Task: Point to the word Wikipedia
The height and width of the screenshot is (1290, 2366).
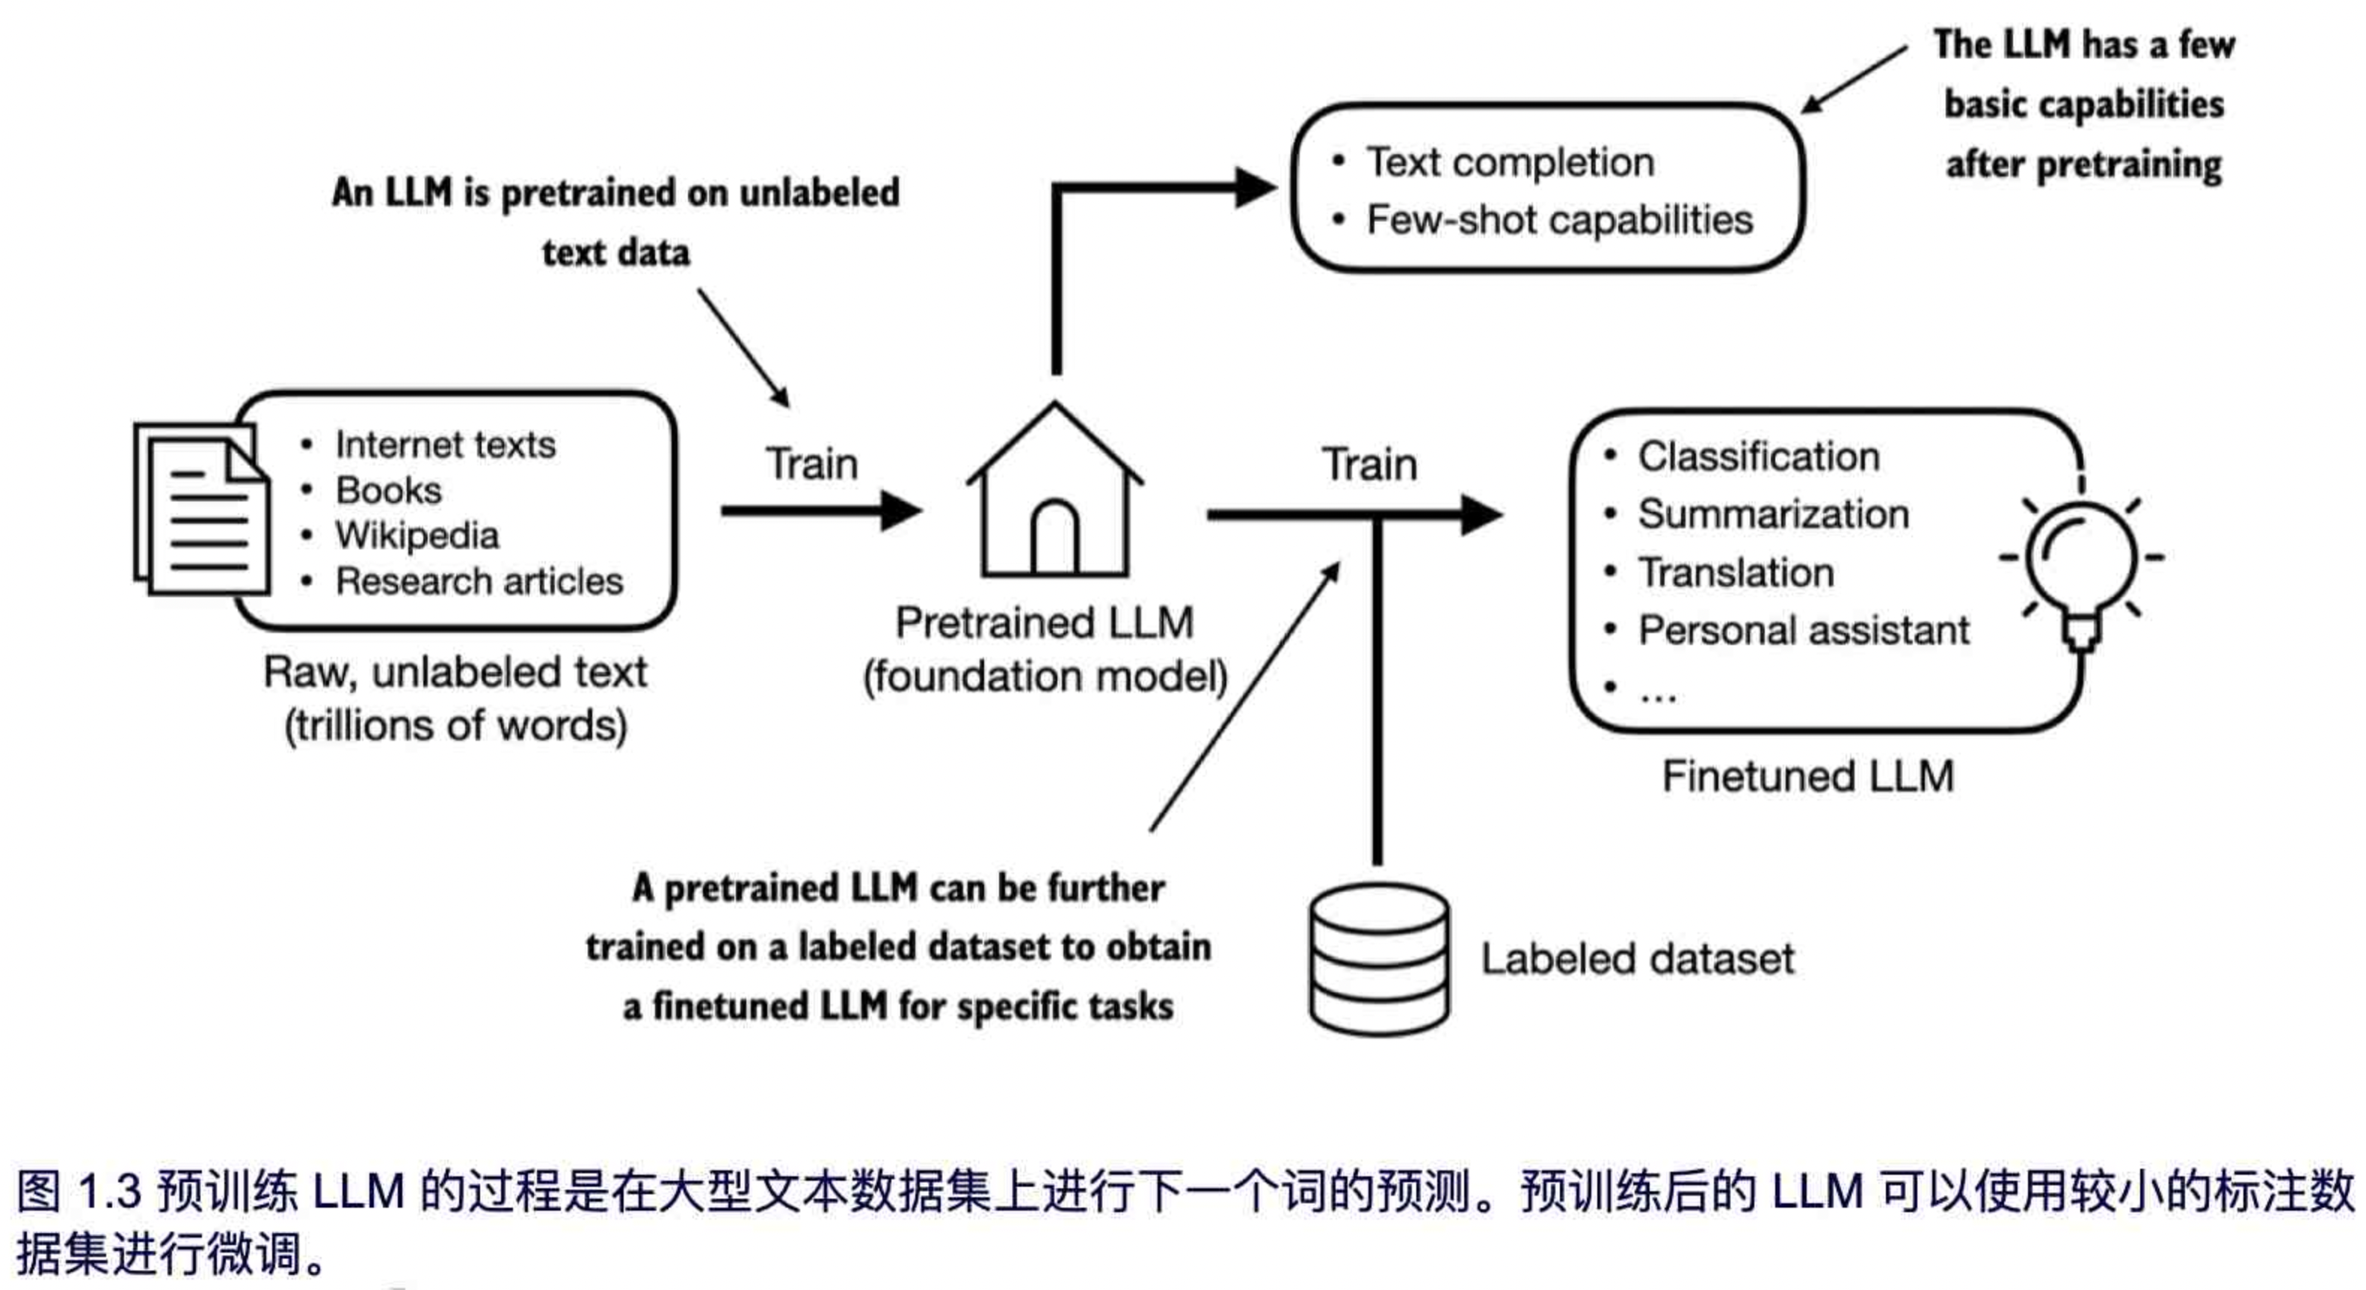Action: [x=417, y=536]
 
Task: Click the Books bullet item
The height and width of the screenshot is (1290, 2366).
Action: [x=389, y=491]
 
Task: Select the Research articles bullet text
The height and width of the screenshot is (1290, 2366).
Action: [x=479, y=581]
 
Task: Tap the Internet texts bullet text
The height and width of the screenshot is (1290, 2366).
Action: [x=446, y=444]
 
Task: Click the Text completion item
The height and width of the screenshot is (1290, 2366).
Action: [x=1510, y=162]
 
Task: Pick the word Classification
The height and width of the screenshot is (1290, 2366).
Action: [x=1758, y=456]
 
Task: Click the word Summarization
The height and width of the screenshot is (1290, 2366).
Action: [x=1773, y=515]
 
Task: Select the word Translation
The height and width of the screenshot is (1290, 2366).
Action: [x=1736, y=573]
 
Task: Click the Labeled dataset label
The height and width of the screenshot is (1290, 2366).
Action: [x=1637, y=959]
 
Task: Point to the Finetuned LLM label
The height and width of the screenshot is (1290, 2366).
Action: [x=1807, y=777]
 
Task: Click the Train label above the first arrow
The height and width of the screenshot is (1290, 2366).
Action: [x=812, y=464]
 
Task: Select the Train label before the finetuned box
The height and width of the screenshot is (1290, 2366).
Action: [x=1368, y=464]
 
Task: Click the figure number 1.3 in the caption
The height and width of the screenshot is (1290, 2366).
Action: [x=108, y=1192]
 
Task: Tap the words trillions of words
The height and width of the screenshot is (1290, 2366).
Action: [x=455, y=726]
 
